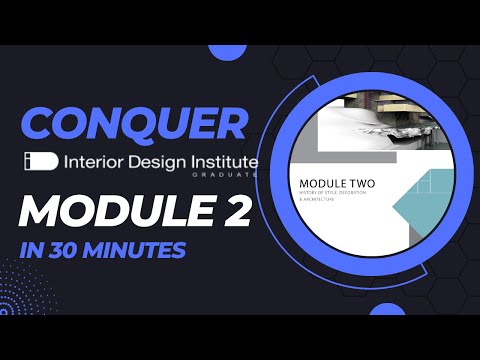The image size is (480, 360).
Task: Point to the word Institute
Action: click(x=221, y=161)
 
